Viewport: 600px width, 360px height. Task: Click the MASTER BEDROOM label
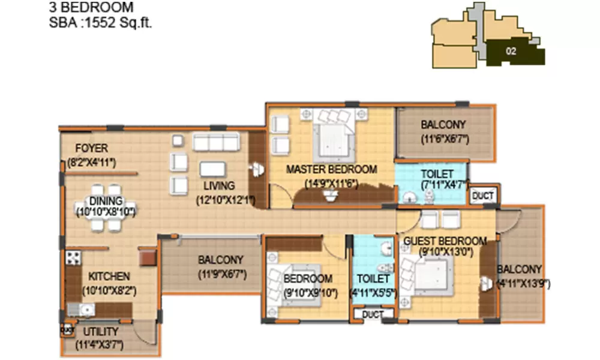coord(331,169)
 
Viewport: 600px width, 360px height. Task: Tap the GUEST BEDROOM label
coord(445,241)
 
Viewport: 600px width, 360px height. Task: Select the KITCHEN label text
coord(109,277)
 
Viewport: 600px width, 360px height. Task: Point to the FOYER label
coord(91,148)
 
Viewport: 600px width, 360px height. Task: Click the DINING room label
coord(106,200)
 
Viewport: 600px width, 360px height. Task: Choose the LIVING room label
coord(218,185)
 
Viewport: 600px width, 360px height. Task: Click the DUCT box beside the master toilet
coord(483,196)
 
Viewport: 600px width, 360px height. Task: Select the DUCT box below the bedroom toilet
coord(373,314)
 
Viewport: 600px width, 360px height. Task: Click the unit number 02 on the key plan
coord(511,52)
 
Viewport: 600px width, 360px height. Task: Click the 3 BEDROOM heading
coord(91,8)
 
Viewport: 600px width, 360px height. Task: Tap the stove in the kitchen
coord(73,258)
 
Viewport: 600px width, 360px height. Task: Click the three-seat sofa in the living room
coord(216,143)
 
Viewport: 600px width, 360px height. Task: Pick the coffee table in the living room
coord(213,169)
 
